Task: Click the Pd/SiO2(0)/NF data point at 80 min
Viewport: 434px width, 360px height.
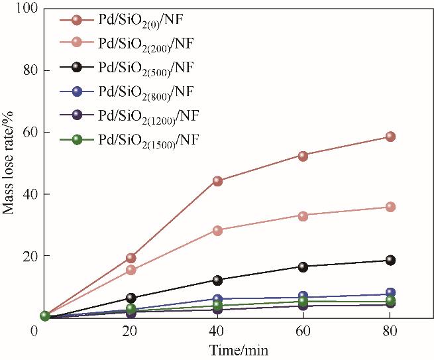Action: pyautogui.click(x=390, y=137)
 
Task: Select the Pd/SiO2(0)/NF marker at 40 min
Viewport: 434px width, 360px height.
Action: pyautogui.click(x=217, y=181)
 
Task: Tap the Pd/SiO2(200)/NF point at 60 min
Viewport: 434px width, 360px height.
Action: pyautogui.click(x=303, y=216)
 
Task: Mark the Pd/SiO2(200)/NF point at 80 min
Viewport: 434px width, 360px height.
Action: pyautogui.click(x=390, y=207)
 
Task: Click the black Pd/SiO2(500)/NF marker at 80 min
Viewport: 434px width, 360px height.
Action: pyautogui.click(x=390, y=261)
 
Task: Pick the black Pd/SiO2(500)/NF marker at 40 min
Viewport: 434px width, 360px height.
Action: pyautogui.click(x=217, y=280)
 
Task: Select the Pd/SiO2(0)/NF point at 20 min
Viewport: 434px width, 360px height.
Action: pyautogui.click(x=131, y=258)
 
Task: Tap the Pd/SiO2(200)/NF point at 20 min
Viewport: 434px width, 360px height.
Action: pyautogui.click(x=131, y=270)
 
